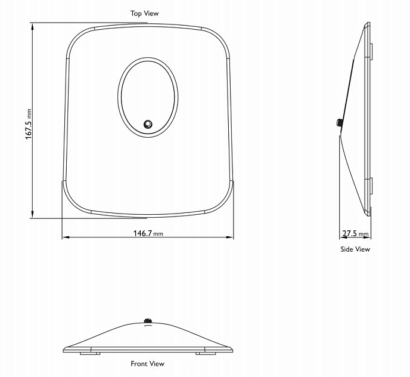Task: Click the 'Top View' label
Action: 145,13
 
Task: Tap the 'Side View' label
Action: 355,249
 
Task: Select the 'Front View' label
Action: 148,363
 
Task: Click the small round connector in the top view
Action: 147,124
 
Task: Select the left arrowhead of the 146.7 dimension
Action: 65,237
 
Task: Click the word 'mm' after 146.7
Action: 158,234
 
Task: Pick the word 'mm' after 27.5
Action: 364,234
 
